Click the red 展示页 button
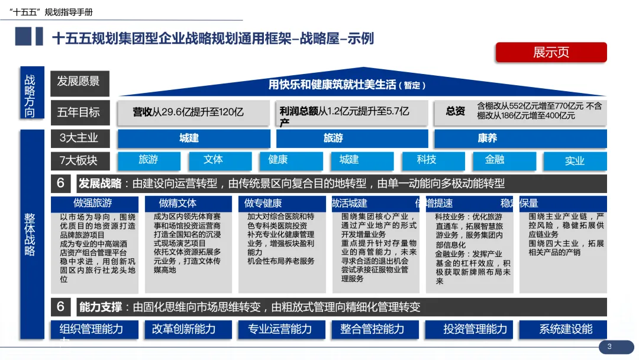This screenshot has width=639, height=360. click(x=551, y=52)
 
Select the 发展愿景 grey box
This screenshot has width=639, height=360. click(x=79, y=82)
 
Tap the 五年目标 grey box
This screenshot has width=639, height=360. click(x=79, y=111)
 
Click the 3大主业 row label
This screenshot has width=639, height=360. click(x=79, y=139)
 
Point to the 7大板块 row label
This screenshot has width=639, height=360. click(x=79, y=160)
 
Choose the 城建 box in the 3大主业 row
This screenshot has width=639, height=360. click(x=189, y=139)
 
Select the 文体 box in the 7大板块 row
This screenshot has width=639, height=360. click(x=213, y=160)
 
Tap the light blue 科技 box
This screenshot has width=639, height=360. click(x=426, y=160)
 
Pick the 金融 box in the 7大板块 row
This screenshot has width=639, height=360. click(x=495, y=160)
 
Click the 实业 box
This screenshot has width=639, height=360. click(x=574, y=160)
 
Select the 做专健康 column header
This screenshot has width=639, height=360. click(x=263, y=204)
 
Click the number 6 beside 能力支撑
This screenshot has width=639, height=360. click(x=61, y=307)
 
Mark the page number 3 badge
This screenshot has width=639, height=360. click(x=609, y=346)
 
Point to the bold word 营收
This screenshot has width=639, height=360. click(x=142, y=112)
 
